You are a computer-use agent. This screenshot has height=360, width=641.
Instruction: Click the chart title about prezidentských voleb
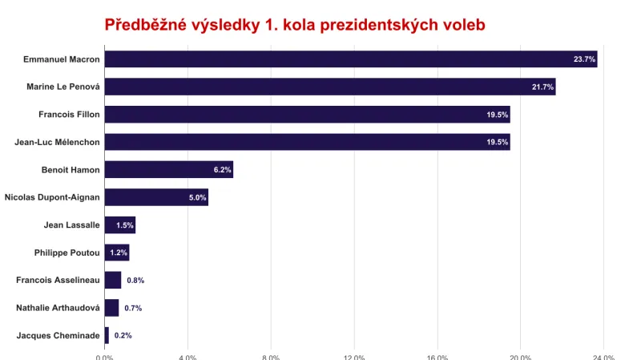click(295, 25)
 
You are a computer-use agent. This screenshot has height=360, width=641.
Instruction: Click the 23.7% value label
click(584, 59)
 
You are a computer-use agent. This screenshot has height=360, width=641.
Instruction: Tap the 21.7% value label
click(542, 87)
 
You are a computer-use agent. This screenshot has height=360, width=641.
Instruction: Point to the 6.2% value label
click(222, 170)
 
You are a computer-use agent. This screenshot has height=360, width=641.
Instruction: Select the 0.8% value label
click(135, 281)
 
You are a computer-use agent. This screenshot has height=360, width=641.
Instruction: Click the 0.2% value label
click(123, 336)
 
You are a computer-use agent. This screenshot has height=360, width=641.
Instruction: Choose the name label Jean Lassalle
click(71, 225)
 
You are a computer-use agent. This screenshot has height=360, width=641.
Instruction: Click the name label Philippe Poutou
click(67, 253)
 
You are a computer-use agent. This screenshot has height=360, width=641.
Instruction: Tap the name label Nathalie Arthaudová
click(58, 308)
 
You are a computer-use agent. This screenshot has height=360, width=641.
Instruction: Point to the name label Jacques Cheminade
click(58, 336)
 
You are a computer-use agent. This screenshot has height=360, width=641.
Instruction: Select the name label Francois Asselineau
click(58, 281)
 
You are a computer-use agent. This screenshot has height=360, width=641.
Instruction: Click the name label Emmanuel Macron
click(61, 59)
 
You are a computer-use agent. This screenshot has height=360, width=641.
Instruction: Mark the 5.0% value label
click(197, 197)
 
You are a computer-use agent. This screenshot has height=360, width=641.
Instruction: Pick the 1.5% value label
click(124, 225)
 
